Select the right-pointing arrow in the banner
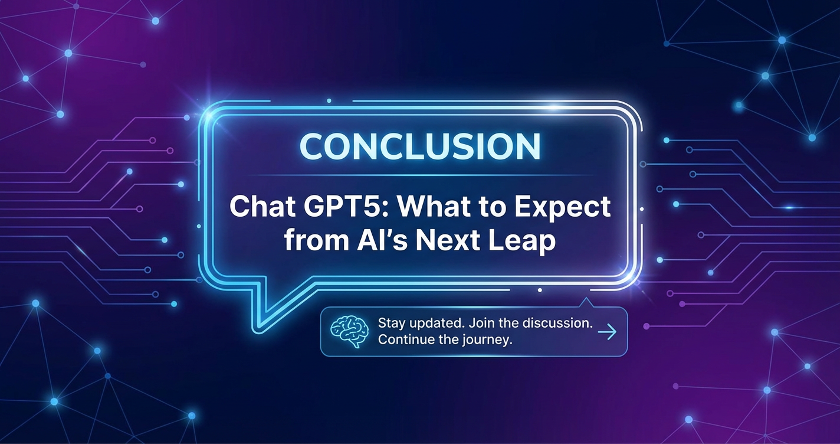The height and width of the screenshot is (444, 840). [607, 331]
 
